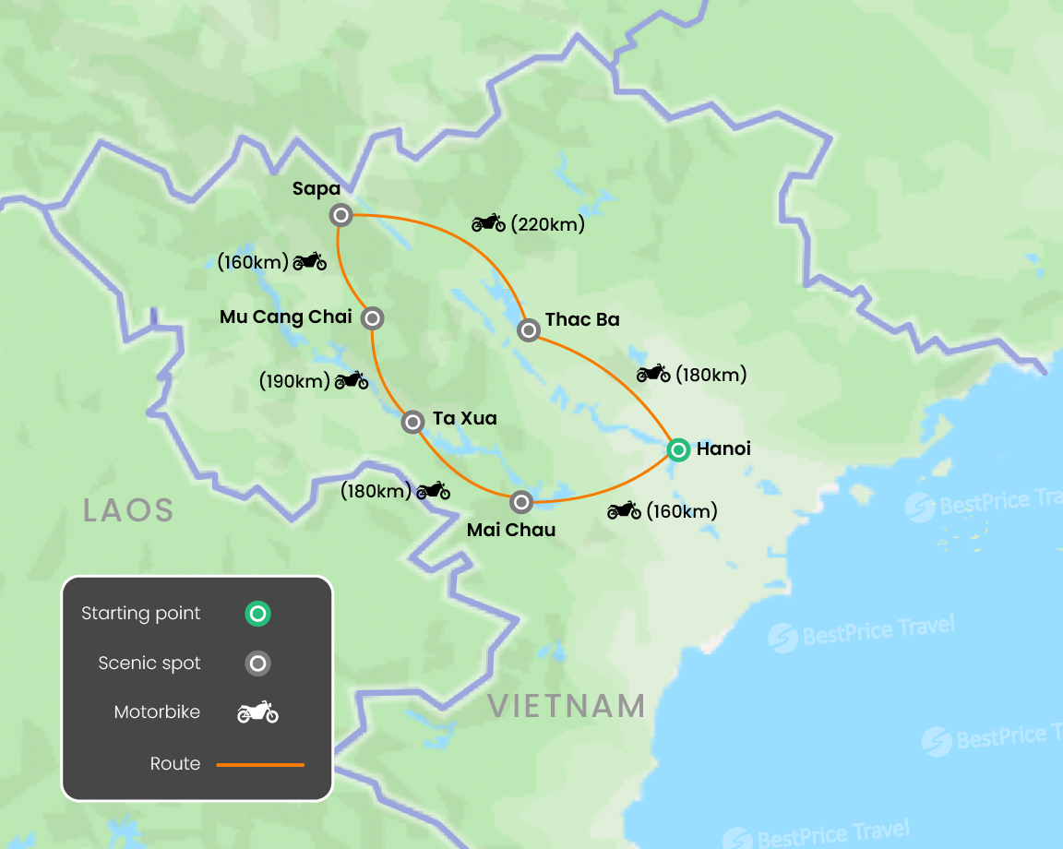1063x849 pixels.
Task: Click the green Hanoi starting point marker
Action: (678, 449)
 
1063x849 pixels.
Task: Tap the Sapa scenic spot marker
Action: (340, 215)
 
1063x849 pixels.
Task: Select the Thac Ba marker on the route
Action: (529, 329)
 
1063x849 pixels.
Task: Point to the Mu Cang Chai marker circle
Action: (372, 318)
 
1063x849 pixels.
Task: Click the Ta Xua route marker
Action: (413, 422)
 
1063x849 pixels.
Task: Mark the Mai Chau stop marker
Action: (521, 502)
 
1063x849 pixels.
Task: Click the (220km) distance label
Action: (547, 223)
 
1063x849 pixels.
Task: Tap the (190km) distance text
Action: (294, 380)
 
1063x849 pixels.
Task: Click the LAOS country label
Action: (128, 509)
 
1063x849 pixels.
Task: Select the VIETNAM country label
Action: (567, 706)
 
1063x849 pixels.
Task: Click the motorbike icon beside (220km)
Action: (488, 222)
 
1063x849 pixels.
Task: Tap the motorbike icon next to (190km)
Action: (352, 379)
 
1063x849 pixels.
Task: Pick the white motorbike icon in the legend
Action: (258, 712)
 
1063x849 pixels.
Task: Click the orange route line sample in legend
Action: (260, 764)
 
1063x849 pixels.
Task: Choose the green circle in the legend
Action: (258, 614)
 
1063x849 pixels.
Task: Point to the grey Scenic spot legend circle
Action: (258, 664)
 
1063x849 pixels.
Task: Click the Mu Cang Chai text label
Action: (286, 317)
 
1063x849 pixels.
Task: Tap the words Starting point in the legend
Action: (140, 614)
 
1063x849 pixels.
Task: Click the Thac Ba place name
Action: (582, 319)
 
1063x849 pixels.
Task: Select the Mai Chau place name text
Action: (511, 530)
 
